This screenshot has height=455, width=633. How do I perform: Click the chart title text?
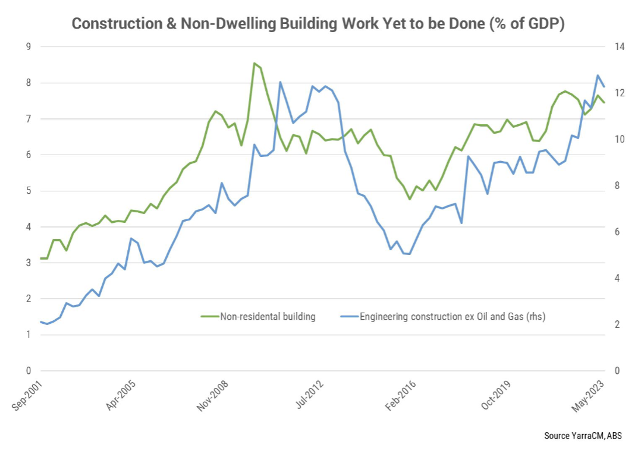click(318, 24)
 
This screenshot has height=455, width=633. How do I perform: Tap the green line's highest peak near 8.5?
click(254, 63)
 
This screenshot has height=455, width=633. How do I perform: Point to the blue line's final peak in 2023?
click(597, 75)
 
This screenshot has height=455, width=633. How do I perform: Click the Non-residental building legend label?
click(267, 317)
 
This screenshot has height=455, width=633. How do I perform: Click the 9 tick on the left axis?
click(27, 47)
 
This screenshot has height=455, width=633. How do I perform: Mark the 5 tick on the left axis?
click(27, 191)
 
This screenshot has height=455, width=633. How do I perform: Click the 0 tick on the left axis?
click(27, 371)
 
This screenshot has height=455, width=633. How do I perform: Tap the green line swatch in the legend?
click(208, 317)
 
